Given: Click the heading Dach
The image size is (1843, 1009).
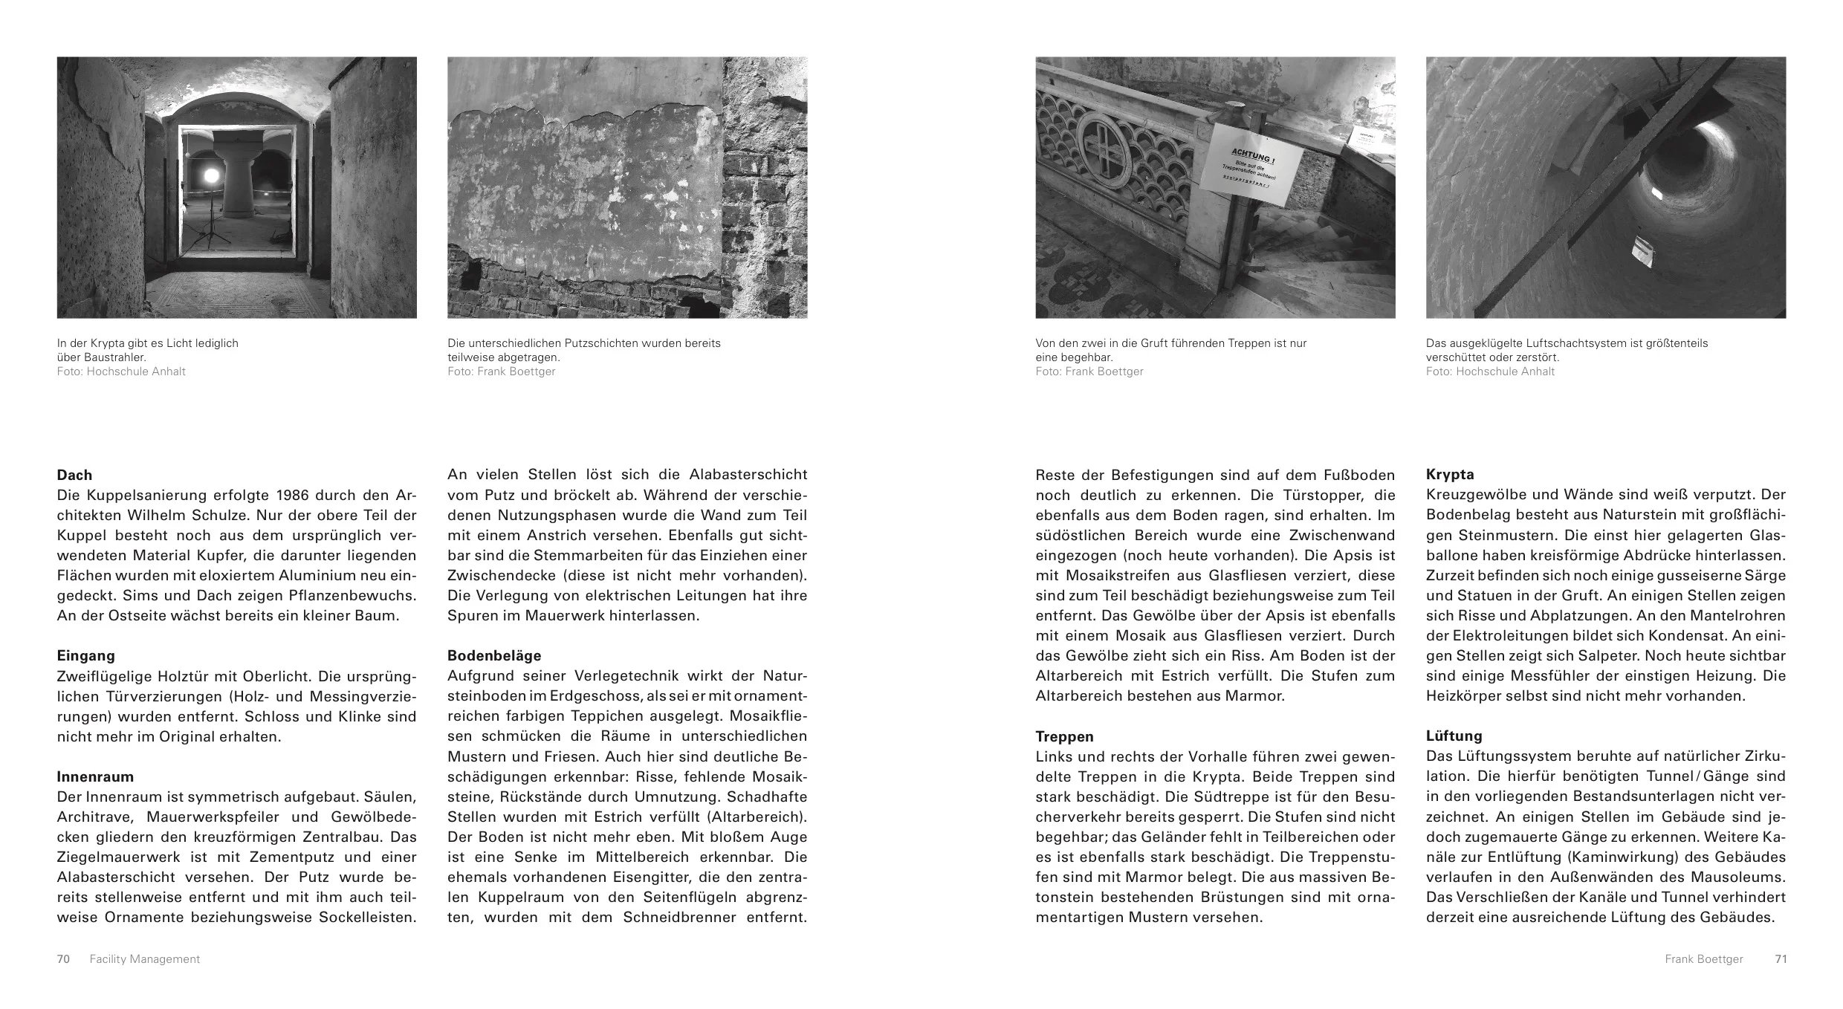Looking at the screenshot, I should point(74,475).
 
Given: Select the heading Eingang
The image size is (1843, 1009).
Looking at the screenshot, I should point(85,655).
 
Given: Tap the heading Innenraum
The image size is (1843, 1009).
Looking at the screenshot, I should point(95,776).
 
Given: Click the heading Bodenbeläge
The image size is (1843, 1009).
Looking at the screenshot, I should point(494,655).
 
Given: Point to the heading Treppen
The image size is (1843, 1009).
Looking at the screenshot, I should point(1064,736).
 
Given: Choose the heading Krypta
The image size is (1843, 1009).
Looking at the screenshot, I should point(1450,474).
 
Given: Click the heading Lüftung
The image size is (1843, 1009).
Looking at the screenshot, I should point(1454,736).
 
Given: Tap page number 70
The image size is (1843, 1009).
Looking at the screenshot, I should point(63,959).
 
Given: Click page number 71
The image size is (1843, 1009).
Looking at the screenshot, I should point(1781,959).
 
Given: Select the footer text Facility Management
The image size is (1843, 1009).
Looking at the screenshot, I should point(144,959).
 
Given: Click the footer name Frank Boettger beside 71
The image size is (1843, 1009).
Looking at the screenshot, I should point(1703,959).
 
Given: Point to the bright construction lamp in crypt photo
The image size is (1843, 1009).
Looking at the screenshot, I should point(211,175).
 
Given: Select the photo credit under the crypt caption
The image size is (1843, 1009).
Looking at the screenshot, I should point(121,372).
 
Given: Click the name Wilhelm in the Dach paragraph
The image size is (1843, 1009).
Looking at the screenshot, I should point(307,515).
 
